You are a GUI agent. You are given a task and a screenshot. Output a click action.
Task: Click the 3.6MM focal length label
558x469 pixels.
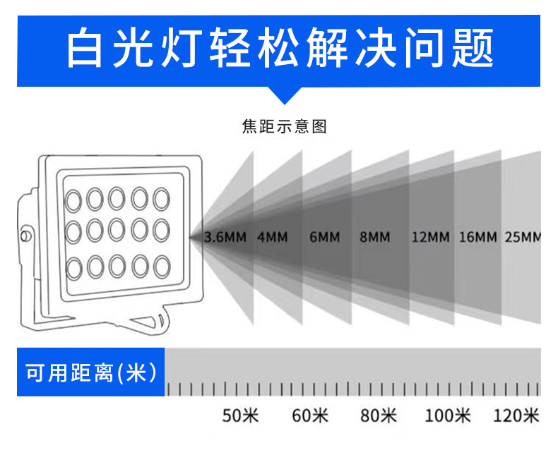pos(225,237)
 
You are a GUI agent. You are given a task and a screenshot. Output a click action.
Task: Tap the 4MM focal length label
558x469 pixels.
pos(272,237)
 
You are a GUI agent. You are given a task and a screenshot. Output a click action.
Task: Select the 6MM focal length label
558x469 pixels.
pos(325,237)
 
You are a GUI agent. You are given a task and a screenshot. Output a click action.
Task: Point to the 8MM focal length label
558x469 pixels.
pos(374,237)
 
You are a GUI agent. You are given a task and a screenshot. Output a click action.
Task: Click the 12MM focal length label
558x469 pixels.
pos(430,237)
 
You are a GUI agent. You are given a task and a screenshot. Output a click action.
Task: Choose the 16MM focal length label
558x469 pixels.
pos(478,237)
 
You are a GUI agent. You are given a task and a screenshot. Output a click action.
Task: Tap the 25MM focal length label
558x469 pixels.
pos(523,237)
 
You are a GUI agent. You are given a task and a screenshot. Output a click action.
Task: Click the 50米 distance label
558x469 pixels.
pos(241,416)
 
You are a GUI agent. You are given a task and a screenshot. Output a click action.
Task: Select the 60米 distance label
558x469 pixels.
pos(311,416)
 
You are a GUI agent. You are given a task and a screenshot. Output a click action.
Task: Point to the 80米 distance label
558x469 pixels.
pos(379,416)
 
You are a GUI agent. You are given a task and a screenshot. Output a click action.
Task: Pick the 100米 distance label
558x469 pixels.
pos(448,416)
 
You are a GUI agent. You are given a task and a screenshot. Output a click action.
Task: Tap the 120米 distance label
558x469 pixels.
pos(516,416)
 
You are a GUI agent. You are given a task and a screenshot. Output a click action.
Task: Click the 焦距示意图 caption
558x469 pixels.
pos(285,127)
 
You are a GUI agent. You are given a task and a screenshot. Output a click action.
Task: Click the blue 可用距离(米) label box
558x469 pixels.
pos(90,372)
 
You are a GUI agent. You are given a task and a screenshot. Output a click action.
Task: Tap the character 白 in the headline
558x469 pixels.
pos(85,48)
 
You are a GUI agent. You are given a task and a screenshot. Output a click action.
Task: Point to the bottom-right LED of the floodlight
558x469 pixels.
pos(161,267)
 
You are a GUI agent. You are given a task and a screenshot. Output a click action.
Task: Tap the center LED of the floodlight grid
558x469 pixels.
pos(117,231)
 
